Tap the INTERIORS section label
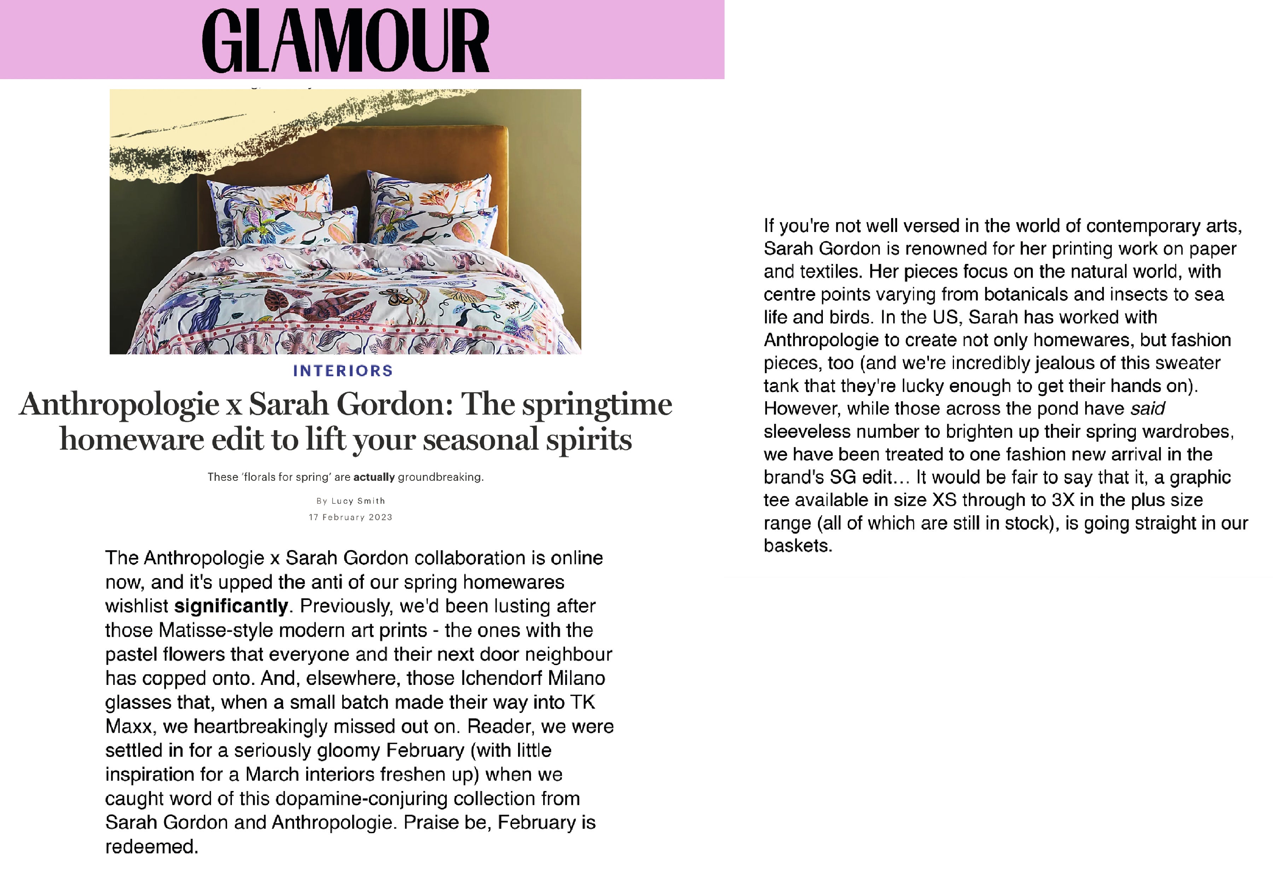click(343, 371)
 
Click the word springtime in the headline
click(597, 404)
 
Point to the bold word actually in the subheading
click(374, 477)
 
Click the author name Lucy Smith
click(358, 501)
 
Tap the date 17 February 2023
click(350, 517)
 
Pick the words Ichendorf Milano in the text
click(533, 678)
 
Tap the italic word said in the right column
click(1147, 408)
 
